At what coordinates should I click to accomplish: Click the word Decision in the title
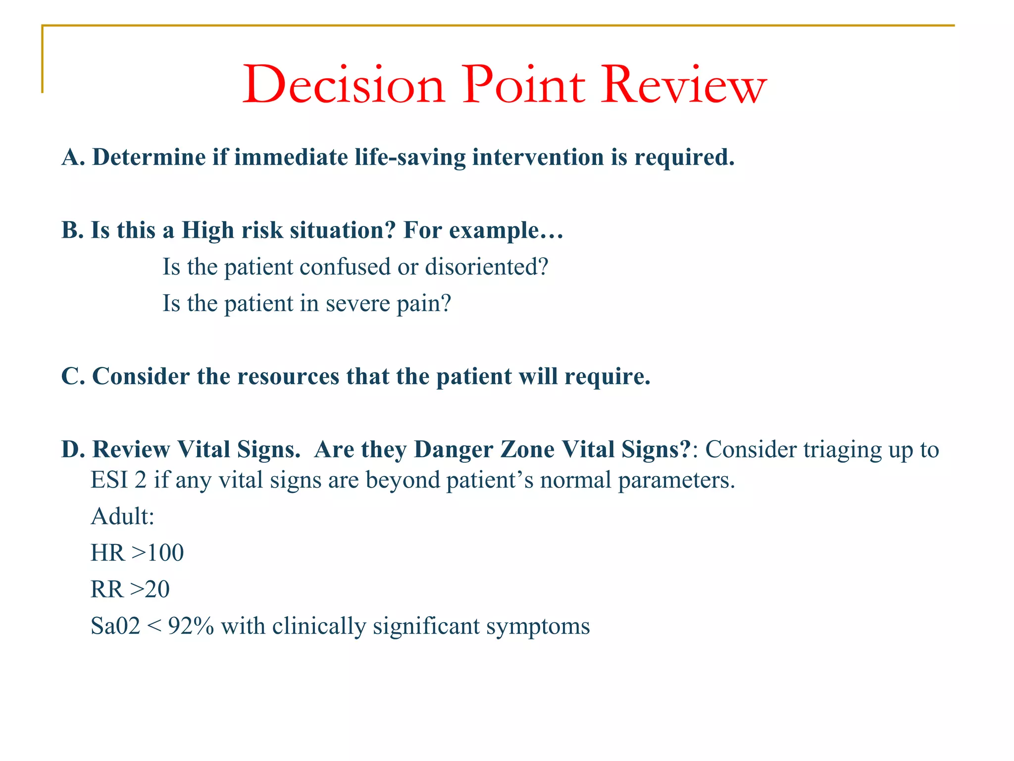pos(344,85)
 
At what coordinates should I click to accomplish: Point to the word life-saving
pos(410,158)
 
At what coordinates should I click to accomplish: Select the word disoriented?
pos(486,267)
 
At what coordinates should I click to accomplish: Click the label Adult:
pos(123,517)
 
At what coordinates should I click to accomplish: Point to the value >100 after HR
pos(157,553)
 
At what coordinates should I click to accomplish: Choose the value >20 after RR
pos(150,590)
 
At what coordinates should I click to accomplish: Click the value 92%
pos(191,626)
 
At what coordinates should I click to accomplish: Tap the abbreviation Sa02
pos(115,626)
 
